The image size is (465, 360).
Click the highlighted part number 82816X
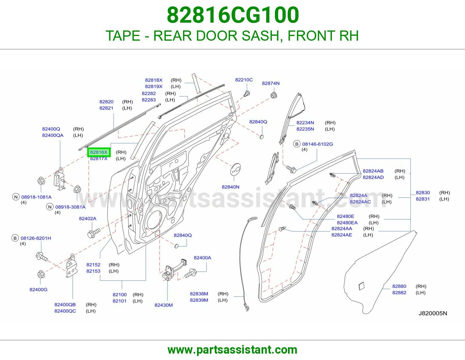[99, 152]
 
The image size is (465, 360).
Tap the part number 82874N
[271, 83]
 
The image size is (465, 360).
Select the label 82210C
[244, 80]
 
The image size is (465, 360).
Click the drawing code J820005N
[433, 313]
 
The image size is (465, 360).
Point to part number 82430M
[164, 305]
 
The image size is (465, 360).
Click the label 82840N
[230, 187]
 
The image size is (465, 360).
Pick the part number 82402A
[88, 219]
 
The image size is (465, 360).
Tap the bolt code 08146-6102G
[318, 144]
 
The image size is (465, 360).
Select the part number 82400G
[39, 289]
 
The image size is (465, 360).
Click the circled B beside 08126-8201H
[15, 238]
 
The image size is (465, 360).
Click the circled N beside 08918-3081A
[50, 207]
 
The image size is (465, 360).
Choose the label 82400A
[203, 258]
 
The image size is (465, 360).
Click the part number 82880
[399, 286]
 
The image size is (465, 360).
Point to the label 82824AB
[373, 171]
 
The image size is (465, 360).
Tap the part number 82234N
[305, 123]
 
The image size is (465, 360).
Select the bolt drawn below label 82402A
[94, 233]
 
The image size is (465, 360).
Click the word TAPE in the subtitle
[123, 36]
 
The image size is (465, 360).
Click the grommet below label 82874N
[274, 95]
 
